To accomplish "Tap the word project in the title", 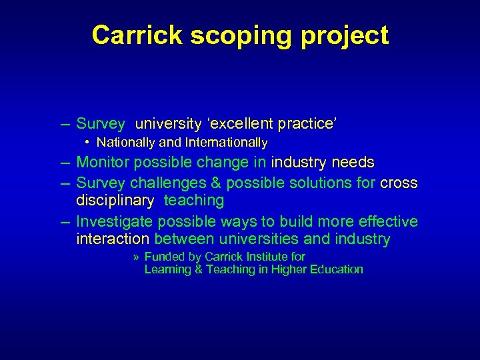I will click(x=345, y=35).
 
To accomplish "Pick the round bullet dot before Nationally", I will click(x=88, y=143).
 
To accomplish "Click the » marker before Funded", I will click(x=136, y=257).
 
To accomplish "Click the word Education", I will click(x=335, y=269).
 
